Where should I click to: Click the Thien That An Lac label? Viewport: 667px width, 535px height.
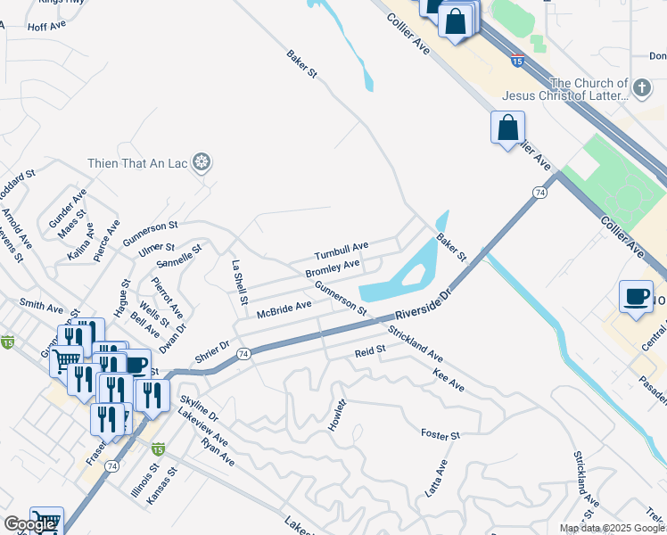coord(139,162)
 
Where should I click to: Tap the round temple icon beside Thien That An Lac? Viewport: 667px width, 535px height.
coord(203,162)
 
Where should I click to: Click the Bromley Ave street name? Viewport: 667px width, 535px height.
coord(333,267)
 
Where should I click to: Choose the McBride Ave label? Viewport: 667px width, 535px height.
coord(284,309)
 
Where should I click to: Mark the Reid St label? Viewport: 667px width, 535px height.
coord(369,351)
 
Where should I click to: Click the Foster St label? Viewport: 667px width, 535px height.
coord(440,434)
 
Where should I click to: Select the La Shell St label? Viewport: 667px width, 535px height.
coord(238,283)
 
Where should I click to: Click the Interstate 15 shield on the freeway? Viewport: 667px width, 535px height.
coord(518,61)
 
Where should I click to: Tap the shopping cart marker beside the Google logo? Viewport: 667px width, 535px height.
coord(46,520)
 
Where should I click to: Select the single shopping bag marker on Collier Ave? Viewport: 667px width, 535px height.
coord(507,127)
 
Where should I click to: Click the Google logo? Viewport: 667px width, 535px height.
coord(30,524)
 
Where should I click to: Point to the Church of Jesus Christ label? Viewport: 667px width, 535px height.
coord(564,89)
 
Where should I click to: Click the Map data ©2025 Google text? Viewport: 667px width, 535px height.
coord(611,528)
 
